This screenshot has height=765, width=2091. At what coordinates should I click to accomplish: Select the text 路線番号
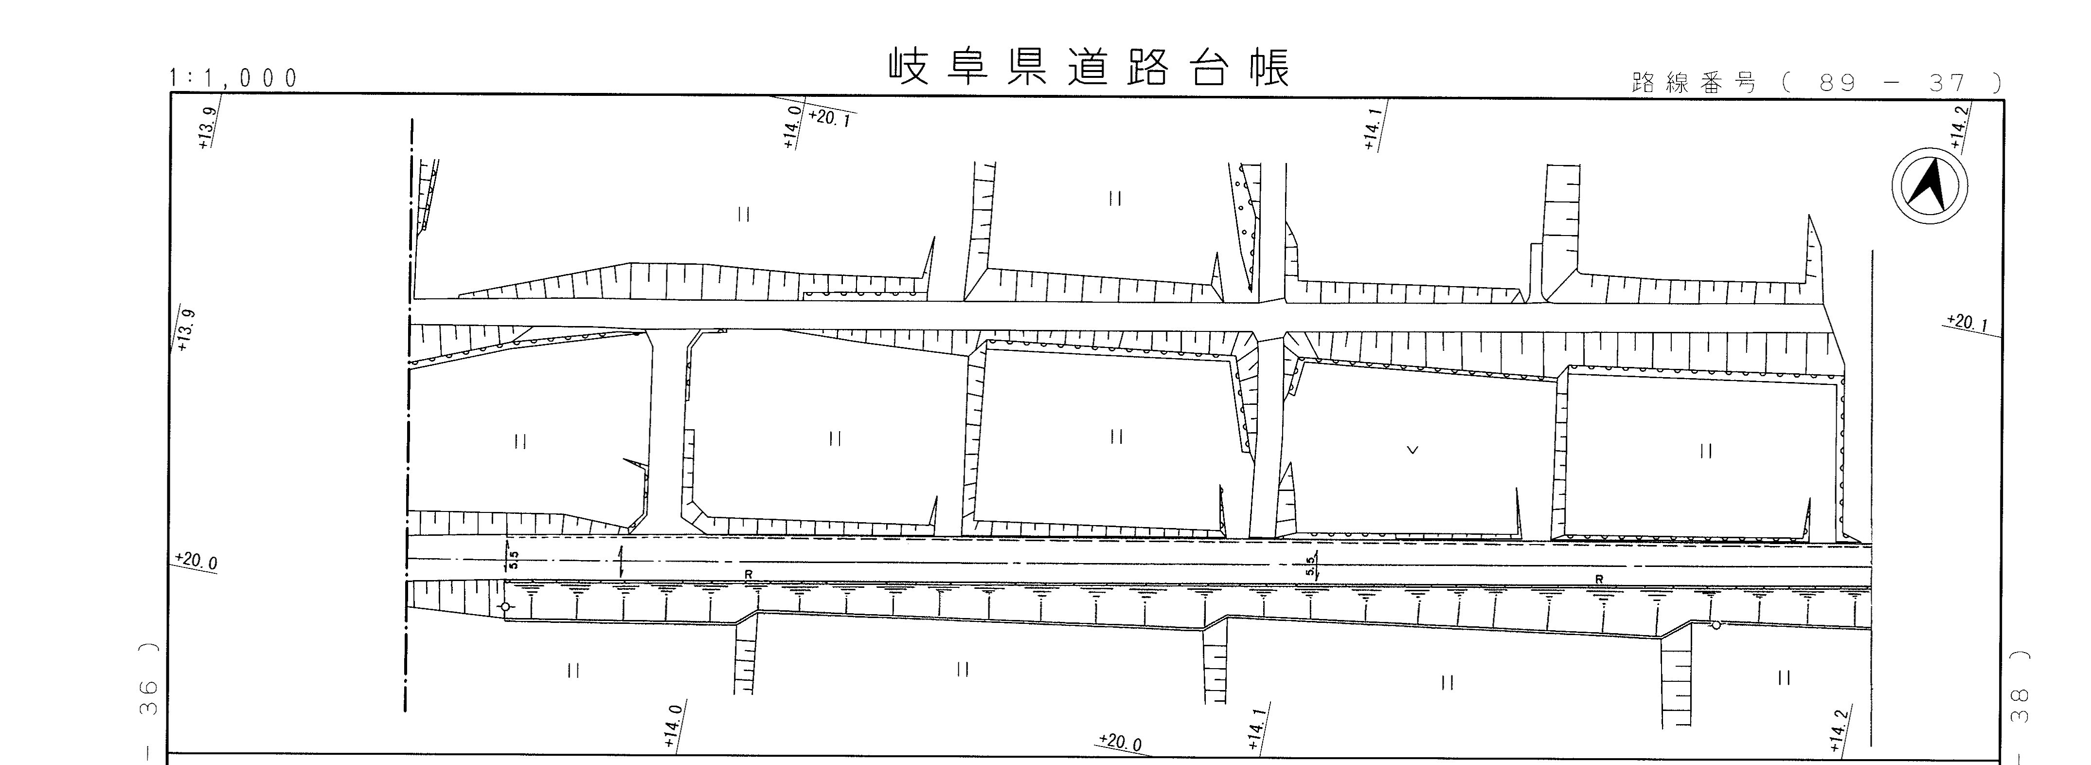tap(1693, 83)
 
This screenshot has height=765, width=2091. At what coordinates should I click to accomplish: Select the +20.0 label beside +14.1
tap(1120, 742)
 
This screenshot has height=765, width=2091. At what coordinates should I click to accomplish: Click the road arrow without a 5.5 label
tap(621, 562)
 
